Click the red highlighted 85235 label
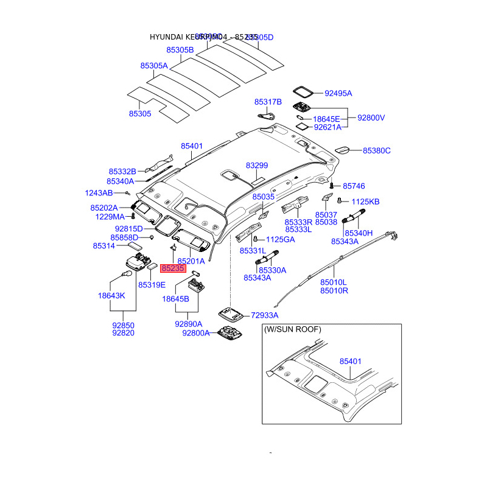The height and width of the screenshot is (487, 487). (172, 267)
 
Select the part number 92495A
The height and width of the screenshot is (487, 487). (338, 93)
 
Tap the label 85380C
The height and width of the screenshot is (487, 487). (377, 150)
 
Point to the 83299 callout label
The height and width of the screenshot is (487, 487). (257, 166)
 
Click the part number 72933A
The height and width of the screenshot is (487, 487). (264, 315)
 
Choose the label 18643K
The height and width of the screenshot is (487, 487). (111, 295)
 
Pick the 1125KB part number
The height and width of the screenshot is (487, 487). (365, 201)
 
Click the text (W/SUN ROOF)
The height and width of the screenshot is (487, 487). (293, 329)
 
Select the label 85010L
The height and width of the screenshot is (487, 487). (334, 282)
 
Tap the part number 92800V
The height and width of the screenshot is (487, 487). (371, 117)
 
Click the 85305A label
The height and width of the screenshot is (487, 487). (153, 65)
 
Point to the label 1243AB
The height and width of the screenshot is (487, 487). (99, 193)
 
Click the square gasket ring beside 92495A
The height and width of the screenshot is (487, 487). (303, 91)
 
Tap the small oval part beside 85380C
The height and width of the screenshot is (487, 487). (343, 150)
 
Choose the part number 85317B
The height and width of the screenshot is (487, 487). (268, 102)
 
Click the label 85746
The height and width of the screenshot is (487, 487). (353, 186)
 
